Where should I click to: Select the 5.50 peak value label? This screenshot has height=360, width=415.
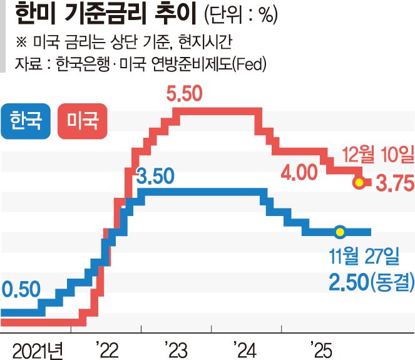(185, 95)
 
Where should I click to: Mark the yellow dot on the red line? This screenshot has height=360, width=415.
(359, 183)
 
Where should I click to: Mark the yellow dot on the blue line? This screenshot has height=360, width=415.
(339, 232)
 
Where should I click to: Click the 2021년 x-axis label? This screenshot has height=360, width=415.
(36, 347)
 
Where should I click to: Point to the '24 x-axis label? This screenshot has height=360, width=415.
(244, 347)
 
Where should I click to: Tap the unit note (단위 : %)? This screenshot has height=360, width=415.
(241, 16)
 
